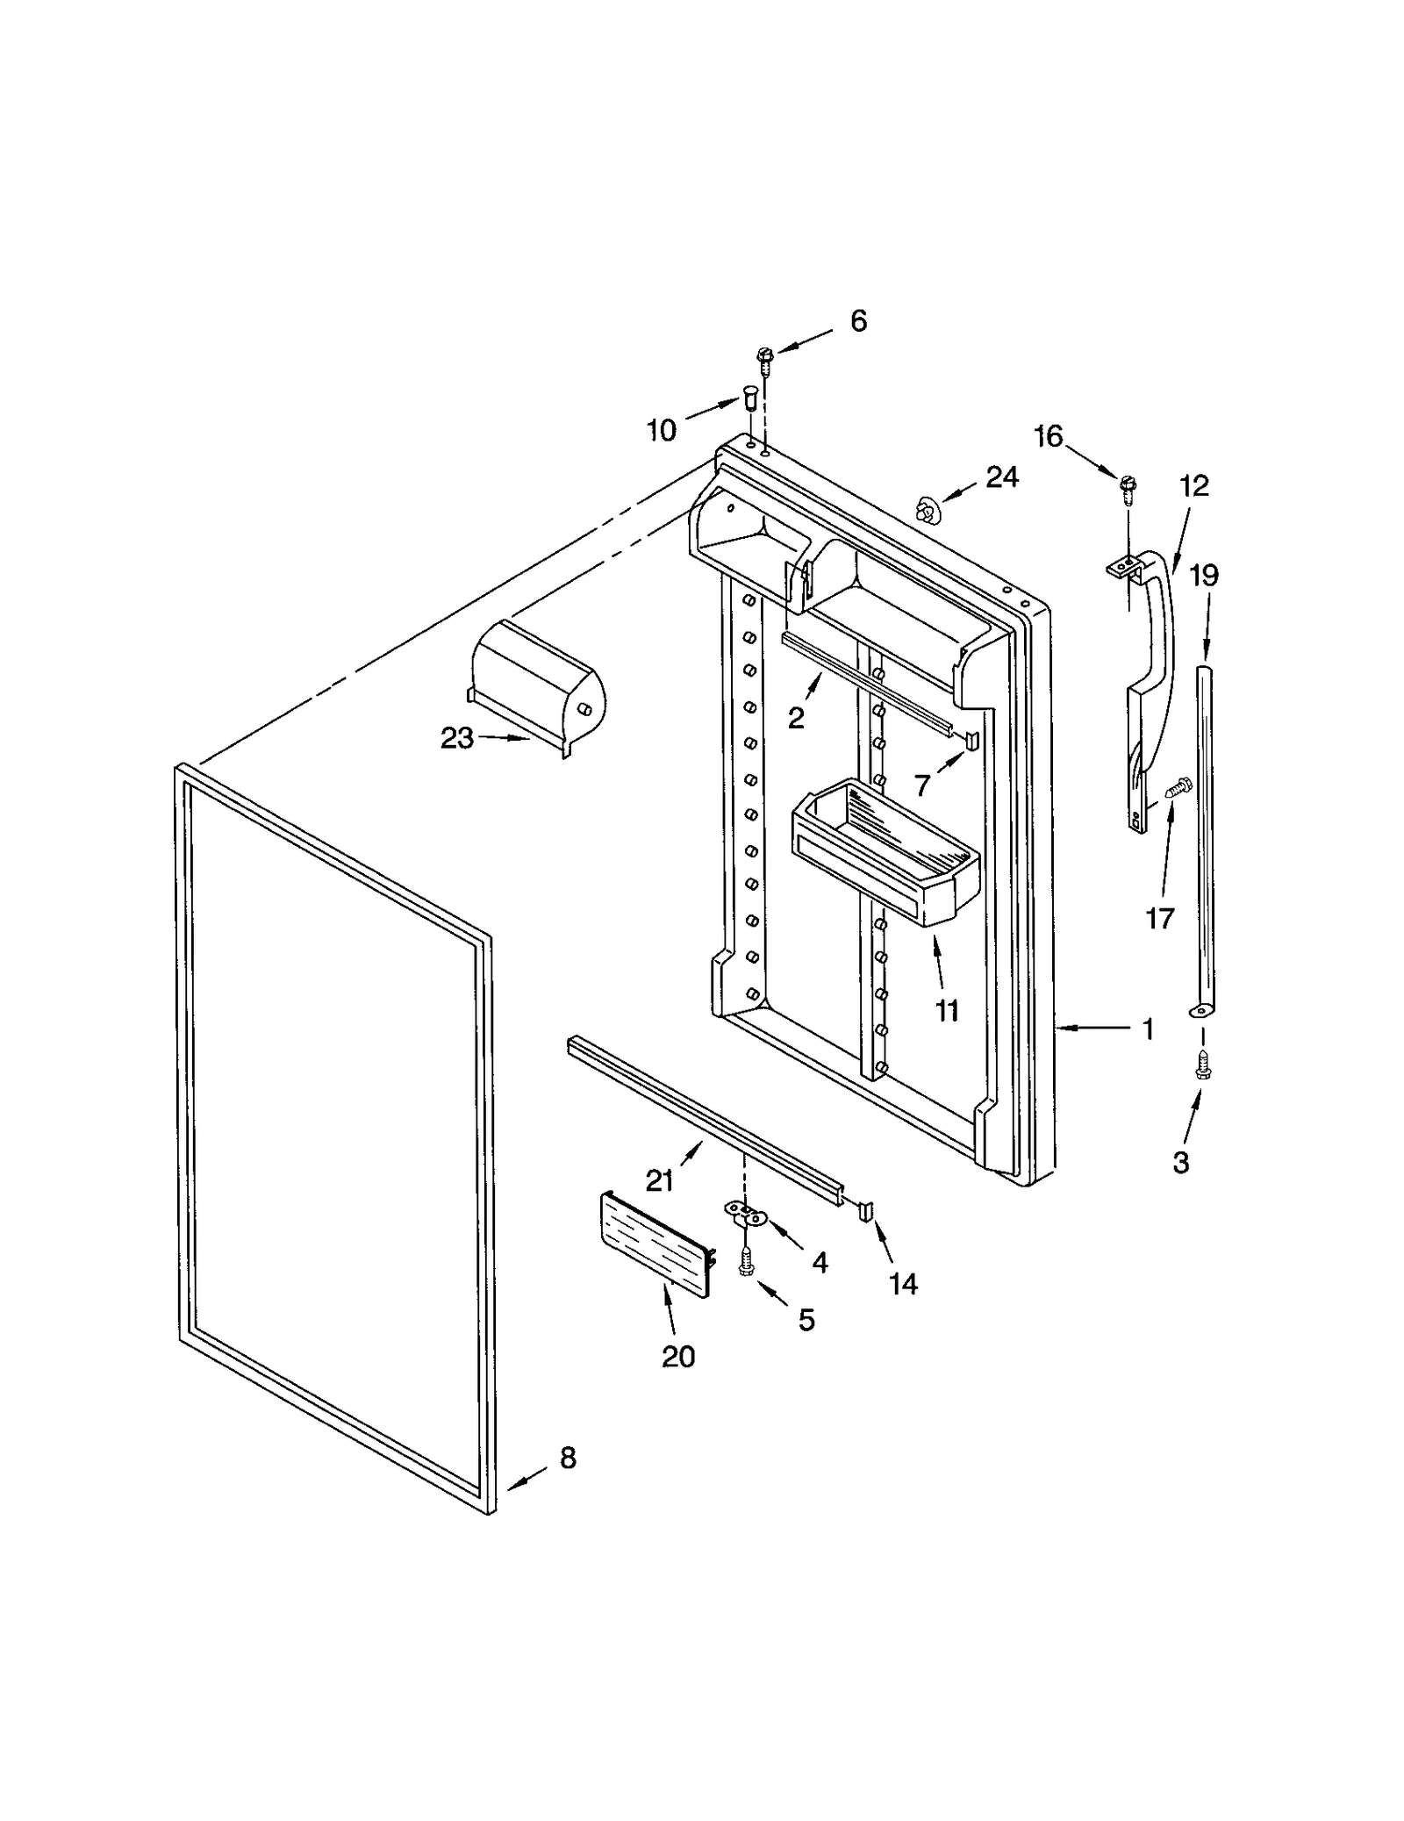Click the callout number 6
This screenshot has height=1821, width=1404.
(x=858, y=321)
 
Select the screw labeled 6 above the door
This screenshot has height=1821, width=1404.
(x=763, y=359)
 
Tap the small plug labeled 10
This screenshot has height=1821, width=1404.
(x=749, y=398)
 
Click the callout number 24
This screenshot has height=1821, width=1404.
(x=1001, y=477)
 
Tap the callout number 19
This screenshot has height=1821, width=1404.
(x=1203, y=576)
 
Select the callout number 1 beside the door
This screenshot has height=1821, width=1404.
(x=1148, y=1029)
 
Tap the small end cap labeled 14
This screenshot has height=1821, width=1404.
(x=866, y=1211)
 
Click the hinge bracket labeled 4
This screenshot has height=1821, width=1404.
(x=745, y=1214)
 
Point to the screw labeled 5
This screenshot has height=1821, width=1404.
(x=746, y=1265)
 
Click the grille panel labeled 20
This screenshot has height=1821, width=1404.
(x=655, y=1243)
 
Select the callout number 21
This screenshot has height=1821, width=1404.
(x=659, y=1181)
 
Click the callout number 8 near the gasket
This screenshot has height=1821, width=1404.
(x=568, y=1458)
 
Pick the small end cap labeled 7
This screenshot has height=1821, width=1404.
(x=971, y=740)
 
